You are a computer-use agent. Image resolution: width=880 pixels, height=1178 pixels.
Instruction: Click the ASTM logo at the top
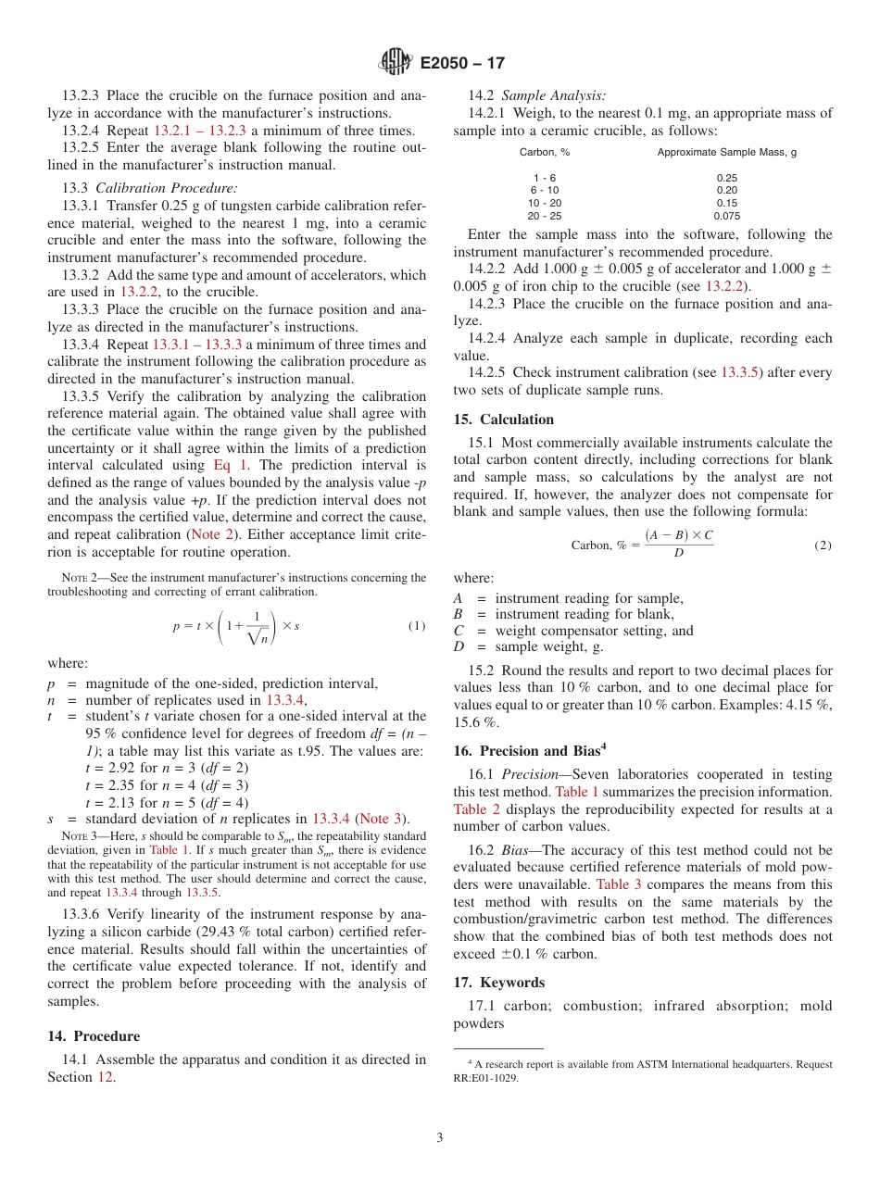click(396, 63)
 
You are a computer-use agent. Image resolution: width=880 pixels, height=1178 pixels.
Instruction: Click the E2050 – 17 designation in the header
click(462, 64)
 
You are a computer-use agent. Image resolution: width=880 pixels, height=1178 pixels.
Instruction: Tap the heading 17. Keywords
click(498, 983)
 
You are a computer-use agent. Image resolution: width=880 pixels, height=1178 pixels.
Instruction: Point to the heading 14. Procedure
click(94, 1036)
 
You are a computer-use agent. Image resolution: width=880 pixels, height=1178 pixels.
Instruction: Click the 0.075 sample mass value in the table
click(726, 216)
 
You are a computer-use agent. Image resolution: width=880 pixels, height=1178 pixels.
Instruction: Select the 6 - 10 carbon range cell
click(544, 190)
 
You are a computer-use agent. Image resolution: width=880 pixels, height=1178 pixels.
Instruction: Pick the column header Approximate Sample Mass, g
click(726, 152)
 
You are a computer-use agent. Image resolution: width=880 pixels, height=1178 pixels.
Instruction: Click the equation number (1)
click(417, 626)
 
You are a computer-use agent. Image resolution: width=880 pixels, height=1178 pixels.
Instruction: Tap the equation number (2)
click(823, 545)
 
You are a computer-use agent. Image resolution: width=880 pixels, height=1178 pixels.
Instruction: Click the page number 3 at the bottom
click(440, 1137)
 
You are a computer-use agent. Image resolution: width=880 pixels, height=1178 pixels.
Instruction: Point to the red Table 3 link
click(617, 884)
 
